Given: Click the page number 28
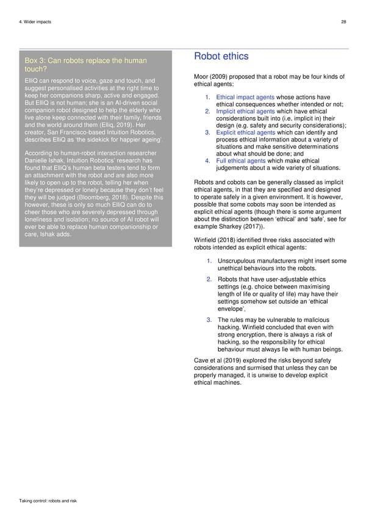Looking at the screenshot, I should tap(343, 22).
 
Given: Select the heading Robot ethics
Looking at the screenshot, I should tap(220, 56).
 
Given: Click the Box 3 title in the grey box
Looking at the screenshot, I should tap(85, 65).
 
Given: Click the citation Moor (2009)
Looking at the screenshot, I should tap(210, 76).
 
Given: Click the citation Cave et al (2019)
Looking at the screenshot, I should tap(217, 360).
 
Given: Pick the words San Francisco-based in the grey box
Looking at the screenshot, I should tap(76, 131).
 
